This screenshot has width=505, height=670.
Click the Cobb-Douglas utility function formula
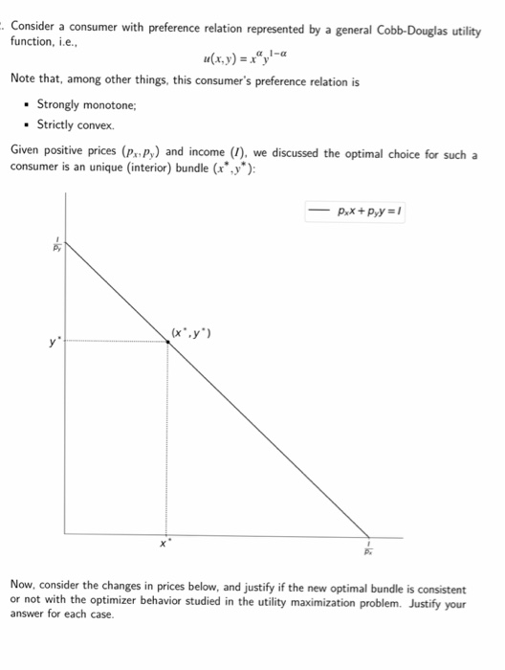coord(239,58)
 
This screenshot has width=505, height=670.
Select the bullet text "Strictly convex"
coord(75,124)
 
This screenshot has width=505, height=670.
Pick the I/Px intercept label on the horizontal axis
coord(367,550)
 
